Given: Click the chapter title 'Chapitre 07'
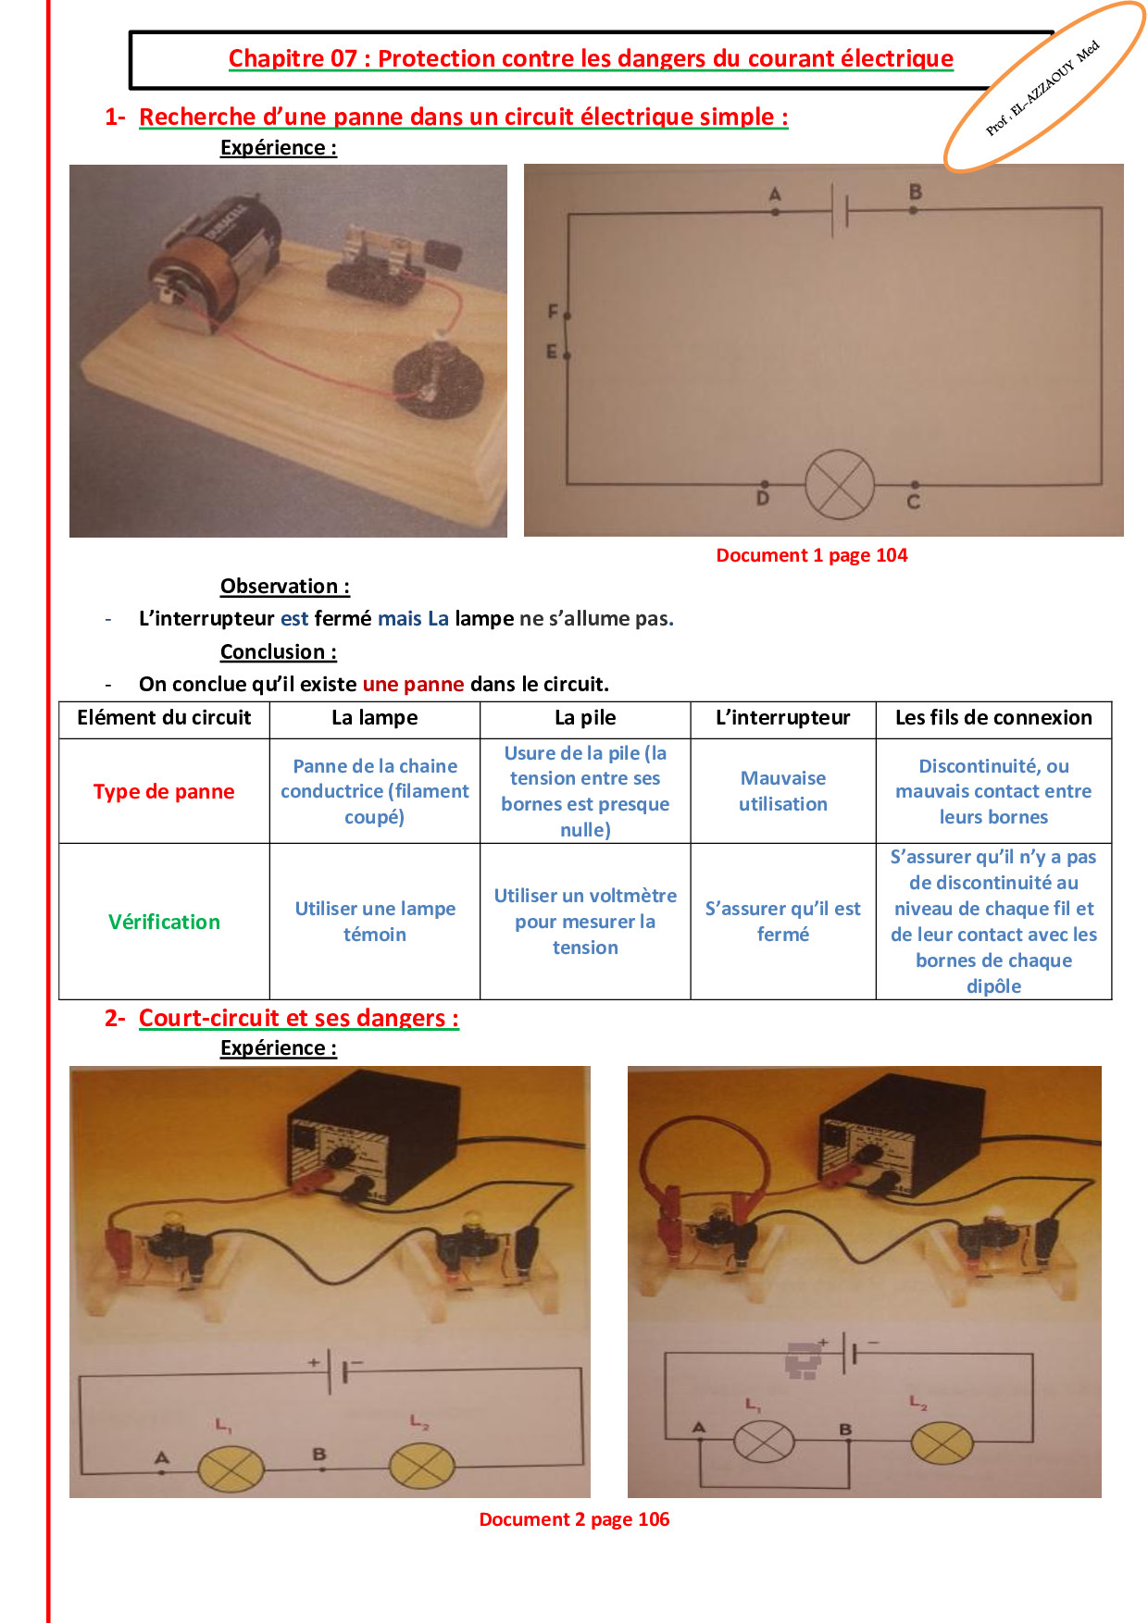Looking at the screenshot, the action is pyautogui.click(x=293, y=58).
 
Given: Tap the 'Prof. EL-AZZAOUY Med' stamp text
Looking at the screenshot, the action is pyautogui.click(x=1042, y=88).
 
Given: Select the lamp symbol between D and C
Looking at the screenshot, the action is pyautogui.click(x=840, y=486).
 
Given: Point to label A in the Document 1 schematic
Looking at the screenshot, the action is pyautogui.click(x=775, y=194).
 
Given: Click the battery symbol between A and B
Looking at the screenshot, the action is pyautogui.click(x=840, y=211).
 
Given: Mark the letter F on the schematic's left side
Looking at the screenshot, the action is pyautogui.click(x=553, y=312).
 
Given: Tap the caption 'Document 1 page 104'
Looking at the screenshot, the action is pyautogui.click(x=812, y=555).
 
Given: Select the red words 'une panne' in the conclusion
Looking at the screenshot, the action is pyautogui.click(x=413, y=684).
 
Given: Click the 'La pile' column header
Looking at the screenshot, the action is pyautogui.click(x=585, y=718).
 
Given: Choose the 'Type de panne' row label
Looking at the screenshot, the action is pyautogui.click(x=164, y=792).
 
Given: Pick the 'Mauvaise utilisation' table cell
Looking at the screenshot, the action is pyautogui.click(x=783, y=791).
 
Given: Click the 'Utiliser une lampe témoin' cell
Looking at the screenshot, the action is pyautogui.click(x=375, y=922).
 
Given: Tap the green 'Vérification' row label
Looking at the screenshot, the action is pyautogui.click(x=164, y=922).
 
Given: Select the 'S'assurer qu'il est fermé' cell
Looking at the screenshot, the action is pyautogui.click(x=783, y=922).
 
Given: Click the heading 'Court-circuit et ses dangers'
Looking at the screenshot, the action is pyautogui.click(x=298, y=1018).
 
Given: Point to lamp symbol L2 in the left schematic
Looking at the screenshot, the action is pyautogui.click(x=422, y=1467).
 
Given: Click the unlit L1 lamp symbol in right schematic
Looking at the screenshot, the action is pyautogui.click(x=764, y=1442).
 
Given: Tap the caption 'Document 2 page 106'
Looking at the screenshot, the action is pyautogui.click(x=574, y=1519).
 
